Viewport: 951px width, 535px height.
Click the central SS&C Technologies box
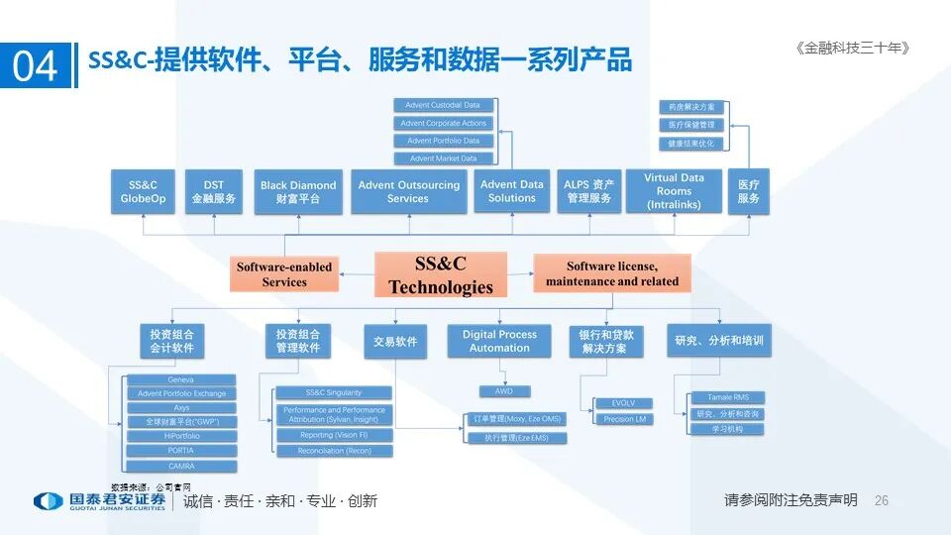click(x=441, y=274)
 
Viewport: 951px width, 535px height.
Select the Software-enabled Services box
click(x=284, y=274)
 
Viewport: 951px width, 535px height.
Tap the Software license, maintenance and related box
click(x=611, y=273)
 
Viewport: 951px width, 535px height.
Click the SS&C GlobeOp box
click(x=144, y=191)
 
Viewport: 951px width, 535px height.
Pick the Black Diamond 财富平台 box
click(x=298, y=191)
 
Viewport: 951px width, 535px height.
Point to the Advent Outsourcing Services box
click(x=408, y=191)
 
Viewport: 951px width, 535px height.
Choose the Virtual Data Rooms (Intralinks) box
click(x=674, y=191)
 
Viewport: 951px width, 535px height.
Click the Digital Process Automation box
click(x=499, y=341)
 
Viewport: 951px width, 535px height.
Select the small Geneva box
click(x=181, y=379)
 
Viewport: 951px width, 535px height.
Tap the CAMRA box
click(x=181, y=466)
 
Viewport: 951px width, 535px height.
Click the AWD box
click(x=504, y=391)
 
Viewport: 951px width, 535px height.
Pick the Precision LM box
click(x=624, y=419)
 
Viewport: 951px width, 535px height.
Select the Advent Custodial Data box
click(x=443, y=105)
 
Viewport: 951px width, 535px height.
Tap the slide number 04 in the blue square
click(x=36, y=66)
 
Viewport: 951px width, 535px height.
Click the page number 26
click(x=882, y=501)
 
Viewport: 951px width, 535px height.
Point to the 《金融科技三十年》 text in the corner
click(x=851, y=48)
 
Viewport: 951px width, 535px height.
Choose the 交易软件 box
click(x=395, y=341)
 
